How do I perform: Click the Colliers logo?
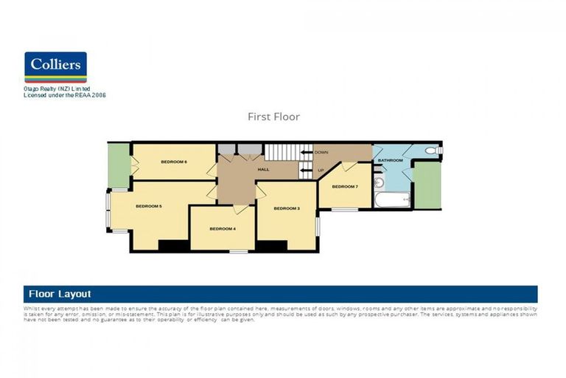(x=55, y=66)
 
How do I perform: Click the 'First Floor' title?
(x=273, y=117)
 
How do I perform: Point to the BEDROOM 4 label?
(x=223, y=229)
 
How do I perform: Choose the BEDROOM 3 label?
(x=287, y=208)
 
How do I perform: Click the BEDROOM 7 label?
(x=344, y=187)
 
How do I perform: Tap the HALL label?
(x=263, y=170)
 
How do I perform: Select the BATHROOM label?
(x=390, y=160)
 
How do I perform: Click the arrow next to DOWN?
(x=305, y=152)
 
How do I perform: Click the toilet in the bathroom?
(x=431, y=151)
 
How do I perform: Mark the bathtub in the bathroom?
(x=391, y=199)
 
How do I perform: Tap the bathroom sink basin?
(x=378, y=182)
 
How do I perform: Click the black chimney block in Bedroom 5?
(x=173, y=246)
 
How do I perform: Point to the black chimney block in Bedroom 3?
(x=271, y=246)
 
